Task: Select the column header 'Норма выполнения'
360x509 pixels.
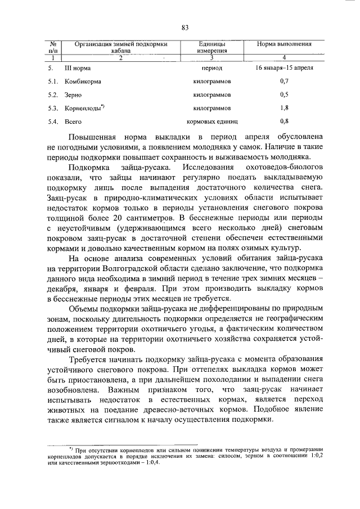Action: click(x=284, y=43)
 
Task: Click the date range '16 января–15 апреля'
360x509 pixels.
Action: click(x=284, y=67)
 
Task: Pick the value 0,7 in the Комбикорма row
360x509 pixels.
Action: click(x=284, y=81)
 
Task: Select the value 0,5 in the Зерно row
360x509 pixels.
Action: click(x=284, y=94)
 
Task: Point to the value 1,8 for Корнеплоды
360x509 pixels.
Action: click(x=284, y=107)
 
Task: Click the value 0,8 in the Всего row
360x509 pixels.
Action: click(x=284, y=121)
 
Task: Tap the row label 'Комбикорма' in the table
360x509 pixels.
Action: click(x=83, y=81)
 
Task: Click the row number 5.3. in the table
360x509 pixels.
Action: click(x=53, y=107)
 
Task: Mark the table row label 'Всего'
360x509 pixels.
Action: click(x=73, y=121)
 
